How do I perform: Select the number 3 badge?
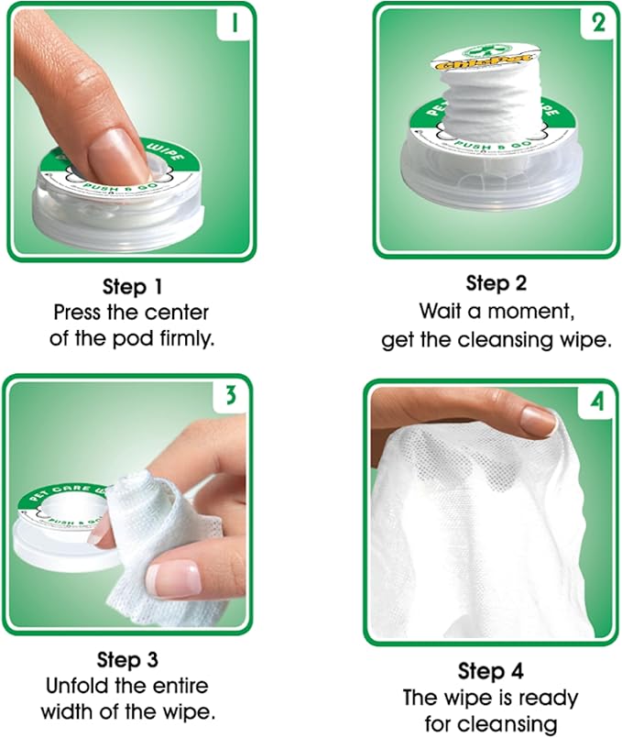pos(230,396)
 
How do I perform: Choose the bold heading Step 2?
pos(496,281)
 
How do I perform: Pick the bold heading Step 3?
pos(129,659)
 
